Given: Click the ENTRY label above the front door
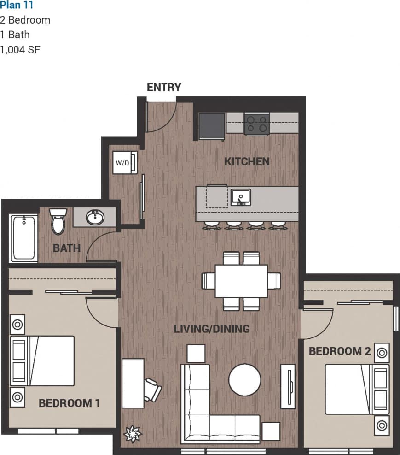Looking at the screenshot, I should click(x=164, y=87).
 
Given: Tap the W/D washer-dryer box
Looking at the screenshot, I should click(x=125, y=163).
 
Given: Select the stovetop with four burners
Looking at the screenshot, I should click(x=256, y=124).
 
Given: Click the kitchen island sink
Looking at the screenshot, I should click(x=241, y=197).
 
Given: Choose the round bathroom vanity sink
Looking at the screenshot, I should click(x=95, y=217).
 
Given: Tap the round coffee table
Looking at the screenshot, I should click(x=245, y=380).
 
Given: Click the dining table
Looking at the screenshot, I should click(x=241, y=281).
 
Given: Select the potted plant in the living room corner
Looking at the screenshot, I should click(x=133, y=434).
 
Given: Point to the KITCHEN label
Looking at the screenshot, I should click(x=247, y=161).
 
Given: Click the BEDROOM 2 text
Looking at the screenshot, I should click(x=340, y=351).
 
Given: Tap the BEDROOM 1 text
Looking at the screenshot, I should click(x=69, y=403).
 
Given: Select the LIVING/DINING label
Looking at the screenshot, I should click(x=211, y=329).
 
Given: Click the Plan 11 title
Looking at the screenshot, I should click(x=17, y=6).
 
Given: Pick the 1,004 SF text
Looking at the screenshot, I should click(x=20, y=49).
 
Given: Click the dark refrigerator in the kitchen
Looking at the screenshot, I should click(x=212, y=126).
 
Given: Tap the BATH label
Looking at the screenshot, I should click(x=67, y=248).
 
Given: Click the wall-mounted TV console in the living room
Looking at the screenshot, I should click(x=288, y=386).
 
